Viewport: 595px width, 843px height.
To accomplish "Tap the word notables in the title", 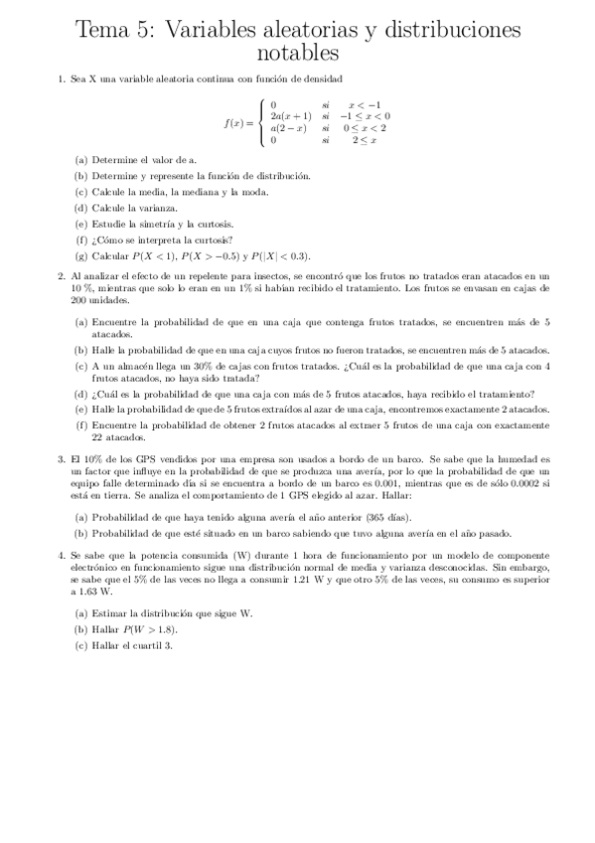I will pyautogui.click(x=297, y=53).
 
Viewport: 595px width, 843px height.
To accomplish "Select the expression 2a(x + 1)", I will pyautogui.click(x=289, y=116).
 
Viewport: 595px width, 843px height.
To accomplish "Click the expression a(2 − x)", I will pyautogui.click(x=288, y=128).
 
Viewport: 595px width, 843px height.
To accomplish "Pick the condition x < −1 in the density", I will pyautogui.click(x=365, y=104).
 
